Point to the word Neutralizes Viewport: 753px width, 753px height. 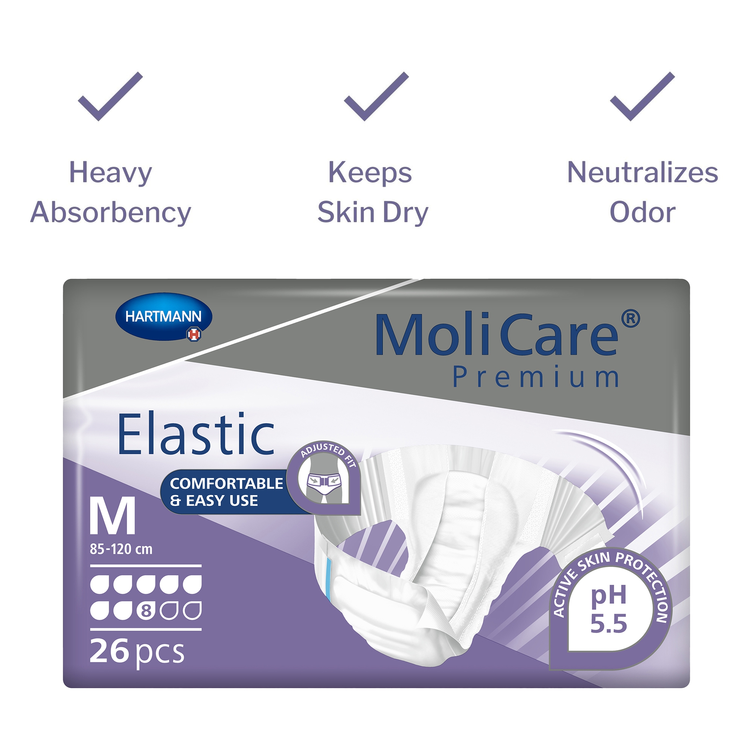point(642,172)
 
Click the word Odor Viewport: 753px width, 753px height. point(642,212)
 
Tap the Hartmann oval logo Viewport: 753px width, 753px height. point(164,317)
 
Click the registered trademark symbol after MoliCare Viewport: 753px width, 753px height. point(630,319)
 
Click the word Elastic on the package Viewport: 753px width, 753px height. point(196,434)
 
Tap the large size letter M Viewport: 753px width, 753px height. point(113,516)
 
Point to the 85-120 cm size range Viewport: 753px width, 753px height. point(121,549)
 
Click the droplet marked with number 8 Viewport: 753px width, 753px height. point(146,611)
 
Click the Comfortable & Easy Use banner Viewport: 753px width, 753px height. point(226,492)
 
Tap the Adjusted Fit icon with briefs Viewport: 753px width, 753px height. point(323,479)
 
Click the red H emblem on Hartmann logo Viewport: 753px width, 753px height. point(194,334)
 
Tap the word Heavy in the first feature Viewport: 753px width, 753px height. point(110,173)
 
